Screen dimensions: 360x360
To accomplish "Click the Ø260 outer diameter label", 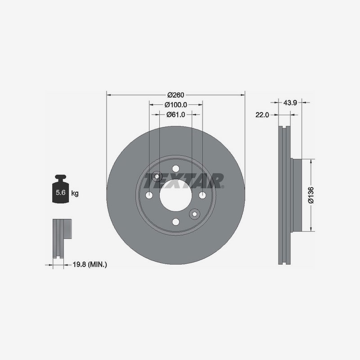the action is [x=175, y=95].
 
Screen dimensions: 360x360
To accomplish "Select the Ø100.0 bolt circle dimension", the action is [x=176, y=105].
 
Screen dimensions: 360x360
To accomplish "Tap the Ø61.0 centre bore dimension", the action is [x=175, y=114].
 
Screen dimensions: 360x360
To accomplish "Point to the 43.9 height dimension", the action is [x=290, y=103].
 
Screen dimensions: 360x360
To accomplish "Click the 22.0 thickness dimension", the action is [x=262, y=115].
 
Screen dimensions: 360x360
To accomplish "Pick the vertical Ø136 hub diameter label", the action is [x=311, y=195].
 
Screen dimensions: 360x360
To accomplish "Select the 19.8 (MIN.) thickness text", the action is [x=90, y=265].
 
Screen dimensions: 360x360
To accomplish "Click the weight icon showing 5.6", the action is [x=61, y=189].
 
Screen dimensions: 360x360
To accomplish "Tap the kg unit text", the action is [x=75, y=193].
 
